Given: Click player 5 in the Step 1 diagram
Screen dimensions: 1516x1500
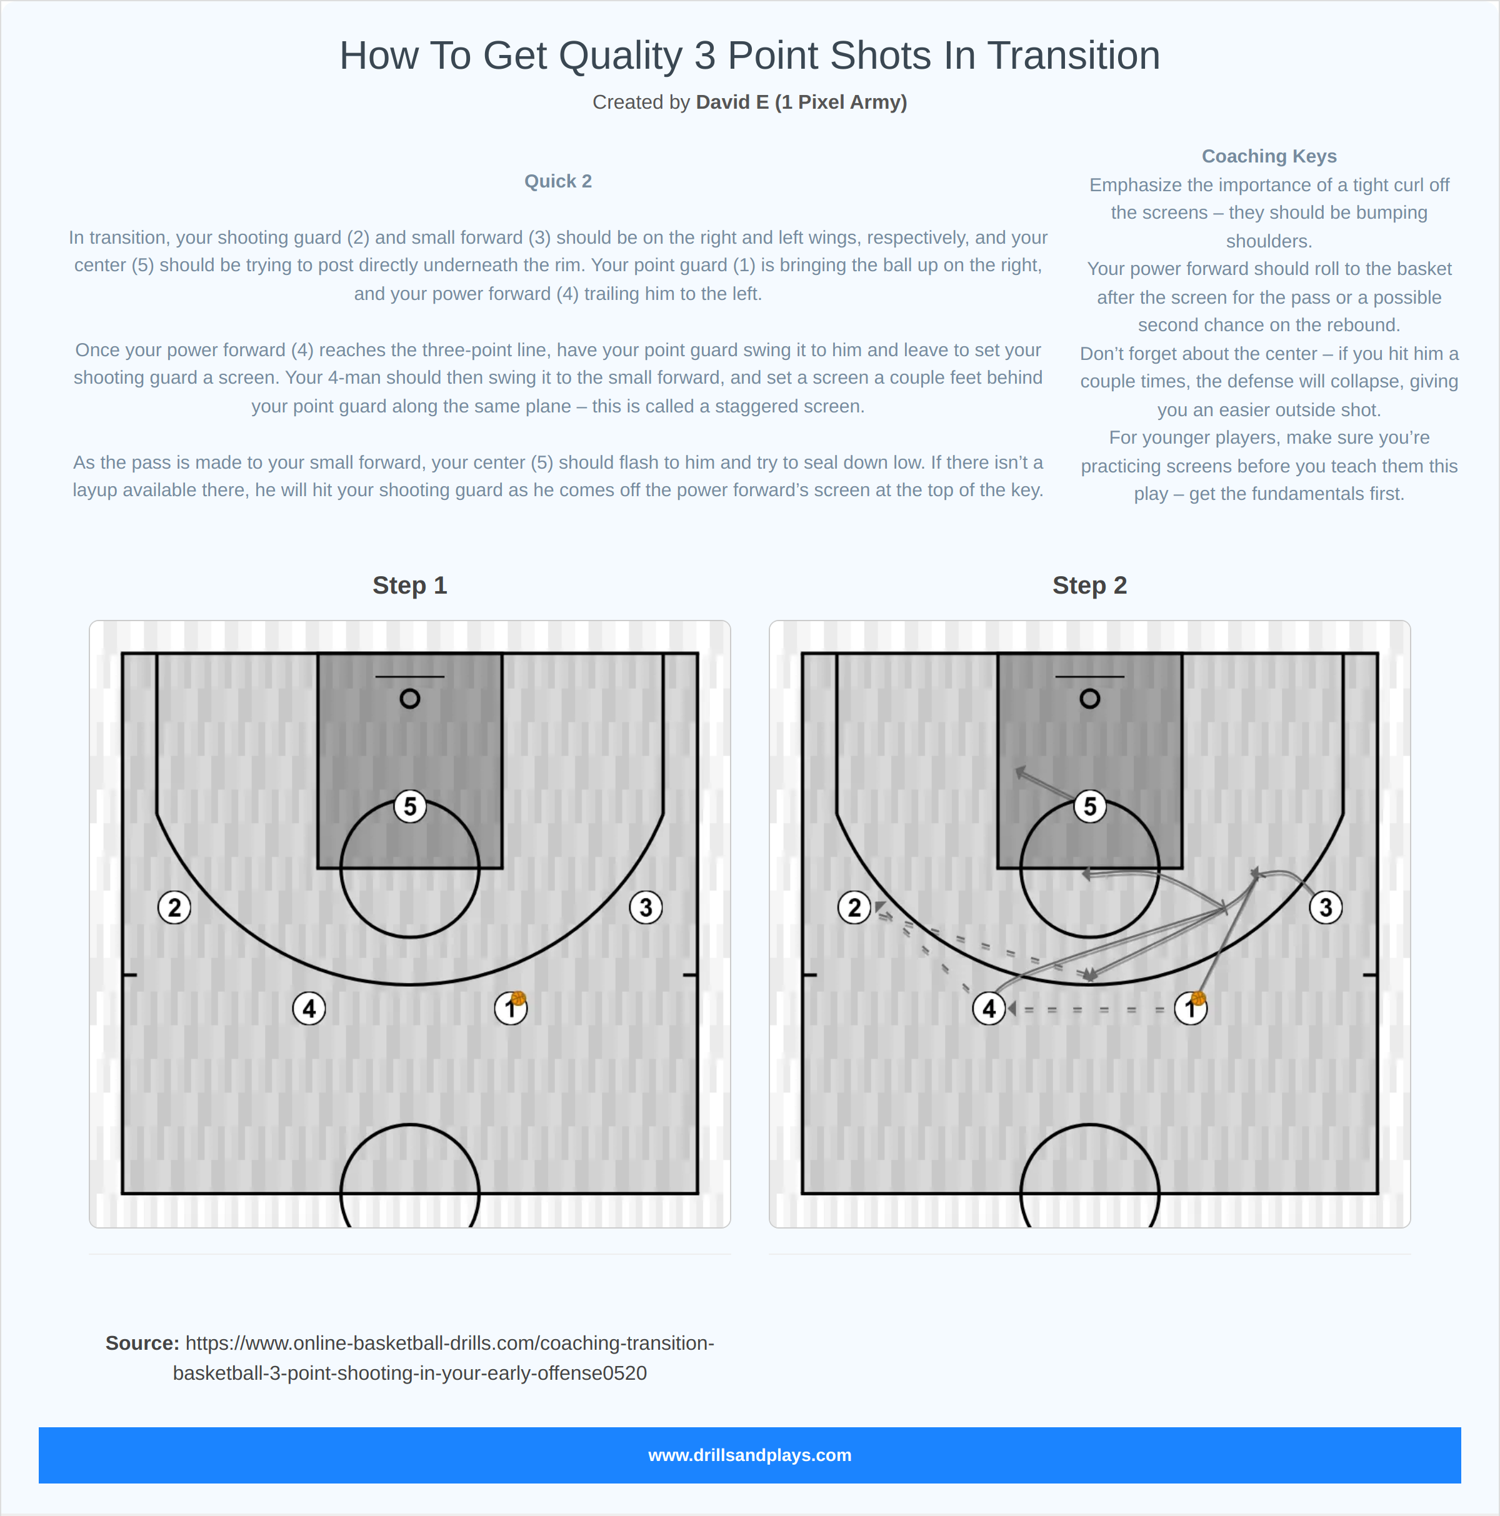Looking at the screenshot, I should [410, 806].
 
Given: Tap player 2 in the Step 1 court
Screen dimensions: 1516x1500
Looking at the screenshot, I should [174, 907].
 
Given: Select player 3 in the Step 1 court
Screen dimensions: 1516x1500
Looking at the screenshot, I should [645, 907].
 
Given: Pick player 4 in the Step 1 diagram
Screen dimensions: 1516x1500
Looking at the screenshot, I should [309, 1009].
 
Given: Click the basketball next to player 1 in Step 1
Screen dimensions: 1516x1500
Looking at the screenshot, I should [518, 998].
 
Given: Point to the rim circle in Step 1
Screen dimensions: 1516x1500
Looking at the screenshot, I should [410, 699].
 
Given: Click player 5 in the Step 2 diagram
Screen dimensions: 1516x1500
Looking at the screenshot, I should [1089, 806].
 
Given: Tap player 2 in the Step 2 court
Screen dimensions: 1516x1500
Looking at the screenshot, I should [854, 907].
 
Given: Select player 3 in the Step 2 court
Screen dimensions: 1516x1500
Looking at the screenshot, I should [1325, 907].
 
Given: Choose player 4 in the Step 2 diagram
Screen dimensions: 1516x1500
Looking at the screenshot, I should [988, 1009].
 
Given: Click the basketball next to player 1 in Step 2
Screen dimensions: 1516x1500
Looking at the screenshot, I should [1197, 998].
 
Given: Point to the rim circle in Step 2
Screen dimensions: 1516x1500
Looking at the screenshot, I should [1089, 699].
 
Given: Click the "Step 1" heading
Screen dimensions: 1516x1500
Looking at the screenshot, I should [410, 586].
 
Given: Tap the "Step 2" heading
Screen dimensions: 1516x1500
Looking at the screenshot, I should [1089, 586].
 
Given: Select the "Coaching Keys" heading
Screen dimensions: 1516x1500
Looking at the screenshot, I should [1269, 156].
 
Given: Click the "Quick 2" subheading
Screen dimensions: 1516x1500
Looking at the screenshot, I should [557, 181].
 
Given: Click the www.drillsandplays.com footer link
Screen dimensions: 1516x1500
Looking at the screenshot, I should [749, 1455].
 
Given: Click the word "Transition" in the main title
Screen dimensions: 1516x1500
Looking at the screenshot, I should [1073, 56].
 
